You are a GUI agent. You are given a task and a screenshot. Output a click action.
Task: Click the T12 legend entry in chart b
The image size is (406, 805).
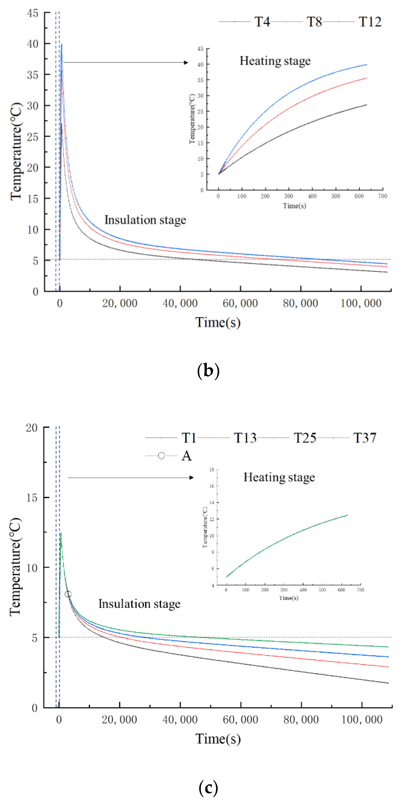[x=370, y=22]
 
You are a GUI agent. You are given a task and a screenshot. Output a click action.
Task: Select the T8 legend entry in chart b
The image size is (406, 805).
[x=314, y=22]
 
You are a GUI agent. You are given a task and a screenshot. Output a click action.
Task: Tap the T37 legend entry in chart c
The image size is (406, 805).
[x=364, y=438]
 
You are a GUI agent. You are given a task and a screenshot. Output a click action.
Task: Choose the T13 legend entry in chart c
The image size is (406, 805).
[x=245, y=438]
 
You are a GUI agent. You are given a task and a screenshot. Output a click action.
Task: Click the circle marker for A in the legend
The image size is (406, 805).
[x=161, y=456]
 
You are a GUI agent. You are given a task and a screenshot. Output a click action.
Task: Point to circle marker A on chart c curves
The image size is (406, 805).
[x=68, y=594]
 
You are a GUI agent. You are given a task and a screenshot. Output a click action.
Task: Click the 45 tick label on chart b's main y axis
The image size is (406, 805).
[x=32, y=13]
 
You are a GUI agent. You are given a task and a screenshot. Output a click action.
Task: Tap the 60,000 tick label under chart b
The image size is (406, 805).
[x=240, y=303]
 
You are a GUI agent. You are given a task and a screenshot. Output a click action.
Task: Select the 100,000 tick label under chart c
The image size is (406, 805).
[x=362, y=720]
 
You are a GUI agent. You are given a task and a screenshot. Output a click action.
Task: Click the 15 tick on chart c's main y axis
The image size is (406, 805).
[x=32, y=498]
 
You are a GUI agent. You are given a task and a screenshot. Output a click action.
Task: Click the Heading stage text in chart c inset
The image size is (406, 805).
[x=279, y=477]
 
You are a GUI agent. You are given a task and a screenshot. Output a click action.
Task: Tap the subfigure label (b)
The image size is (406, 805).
[x=208, y=371]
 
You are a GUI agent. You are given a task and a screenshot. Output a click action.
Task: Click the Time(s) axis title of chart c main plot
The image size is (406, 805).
[x=218, y=739]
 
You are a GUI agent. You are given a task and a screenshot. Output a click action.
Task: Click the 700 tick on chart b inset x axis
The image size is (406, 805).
[x=383, y=196]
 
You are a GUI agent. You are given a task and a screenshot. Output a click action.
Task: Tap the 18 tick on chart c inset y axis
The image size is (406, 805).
[x=212, y=470]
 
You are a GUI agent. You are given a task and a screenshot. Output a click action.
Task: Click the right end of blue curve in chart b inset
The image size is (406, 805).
[x=366, y=65]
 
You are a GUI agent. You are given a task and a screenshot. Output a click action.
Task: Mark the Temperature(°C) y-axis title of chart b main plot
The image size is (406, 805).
[x=16, y=152]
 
